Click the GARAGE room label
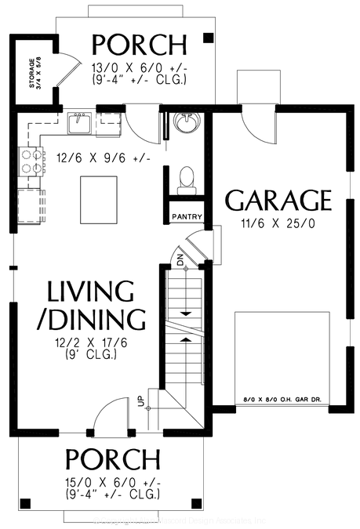click(278, 201)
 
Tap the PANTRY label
click(187, 217)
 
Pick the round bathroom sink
click(186, 123)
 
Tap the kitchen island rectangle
click(98, 201)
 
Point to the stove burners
click(30, 161)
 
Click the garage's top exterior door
click(256, 118)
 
